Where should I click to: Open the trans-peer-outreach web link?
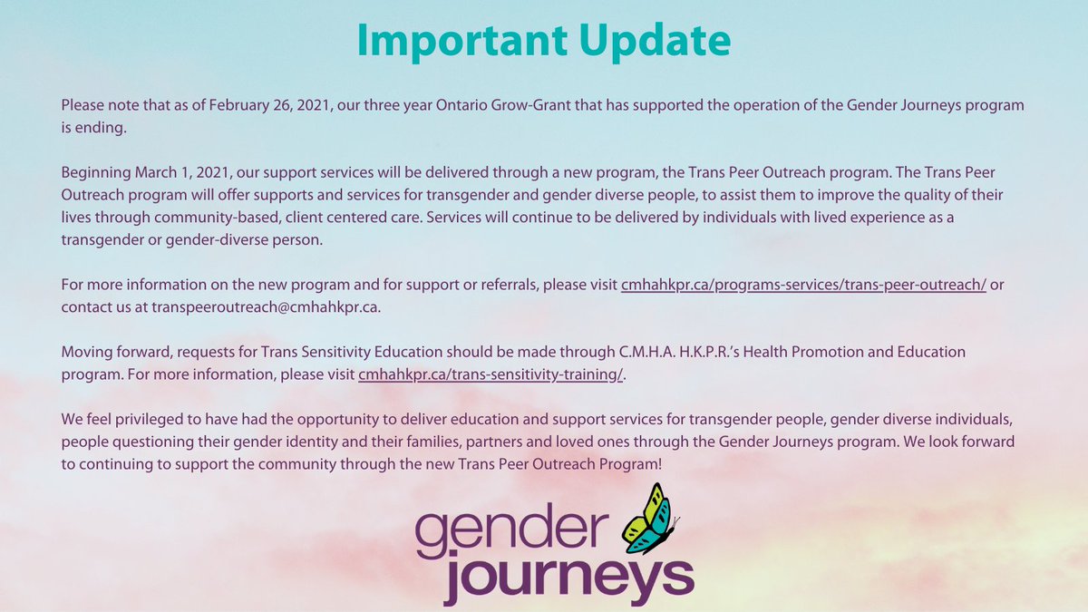coord(803,285)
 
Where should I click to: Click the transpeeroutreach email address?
coord(265,306)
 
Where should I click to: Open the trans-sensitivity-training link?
coord(491,374)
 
